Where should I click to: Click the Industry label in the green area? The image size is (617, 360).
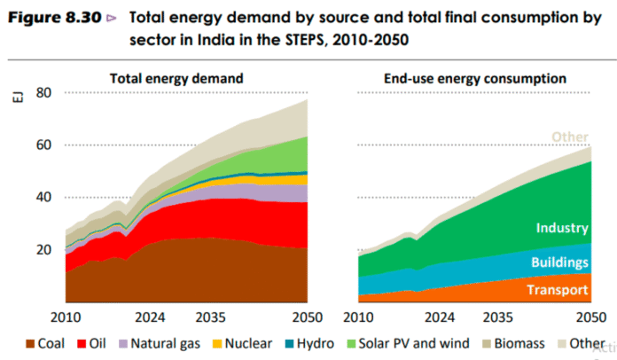tap(561, 228)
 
